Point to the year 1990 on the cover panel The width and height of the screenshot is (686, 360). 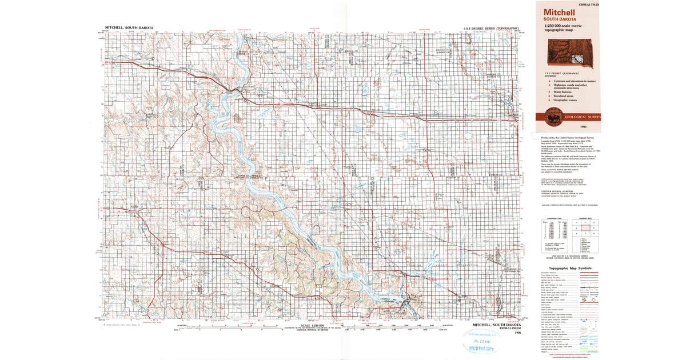(583, 126)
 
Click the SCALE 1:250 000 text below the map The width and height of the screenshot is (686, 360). (313, 324)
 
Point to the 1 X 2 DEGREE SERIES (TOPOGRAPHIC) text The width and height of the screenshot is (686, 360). (493, 27)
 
